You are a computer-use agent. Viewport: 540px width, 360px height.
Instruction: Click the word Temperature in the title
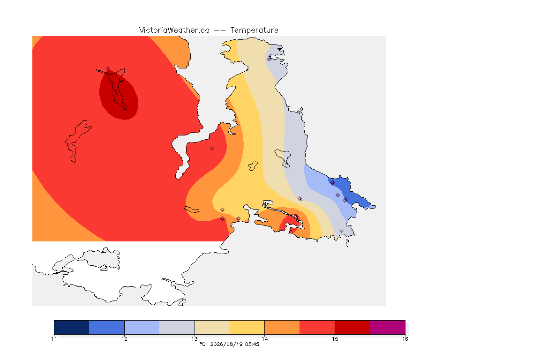[x=254, y=30]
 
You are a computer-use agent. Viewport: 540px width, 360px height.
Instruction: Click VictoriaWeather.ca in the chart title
[x=174, y=30]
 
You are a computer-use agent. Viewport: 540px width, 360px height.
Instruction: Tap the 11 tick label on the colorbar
[x=54, y=339]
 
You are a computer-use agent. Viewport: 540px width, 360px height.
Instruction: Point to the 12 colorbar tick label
[x=124, y=339]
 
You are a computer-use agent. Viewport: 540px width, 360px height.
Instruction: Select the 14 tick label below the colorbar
[x=264, y=339]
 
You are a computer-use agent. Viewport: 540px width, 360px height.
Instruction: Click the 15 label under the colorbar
[x=335, y=339]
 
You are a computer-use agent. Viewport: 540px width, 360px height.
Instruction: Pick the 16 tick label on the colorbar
[x=405, y=339]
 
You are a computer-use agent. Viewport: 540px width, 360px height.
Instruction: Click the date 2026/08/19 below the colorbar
[x=226, y=344]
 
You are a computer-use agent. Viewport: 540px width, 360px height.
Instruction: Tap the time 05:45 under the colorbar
[x=252, y=344]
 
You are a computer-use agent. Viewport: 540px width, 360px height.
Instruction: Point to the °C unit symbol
[x=202, y=344]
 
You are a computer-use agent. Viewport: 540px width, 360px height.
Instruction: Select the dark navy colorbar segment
[x=72, y=327]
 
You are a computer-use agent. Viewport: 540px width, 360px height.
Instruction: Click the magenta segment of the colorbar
[x=388, y=327]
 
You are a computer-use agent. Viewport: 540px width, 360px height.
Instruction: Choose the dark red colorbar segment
[x=352, y=327]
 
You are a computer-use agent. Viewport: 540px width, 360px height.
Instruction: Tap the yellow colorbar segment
[x=247, y=327]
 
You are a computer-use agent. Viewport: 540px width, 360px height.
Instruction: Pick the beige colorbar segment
[x=212, y=327]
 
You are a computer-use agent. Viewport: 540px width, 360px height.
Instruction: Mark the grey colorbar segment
[x=177, y=327]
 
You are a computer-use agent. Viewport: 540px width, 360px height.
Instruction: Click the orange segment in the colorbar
[x=282, y=327]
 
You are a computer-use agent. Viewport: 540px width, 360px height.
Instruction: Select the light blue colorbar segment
[x=142, y=327]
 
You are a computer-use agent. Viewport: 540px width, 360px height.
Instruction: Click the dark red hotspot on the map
[x=119, y=95]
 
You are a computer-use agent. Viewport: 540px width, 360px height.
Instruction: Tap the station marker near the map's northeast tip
[x=270, y=59]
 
